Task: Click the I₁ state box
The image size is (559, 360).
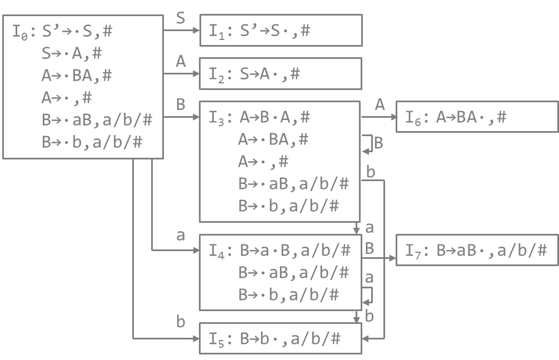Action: coord(281,30)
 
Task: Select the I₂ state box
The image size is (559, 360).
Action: coord(281,73)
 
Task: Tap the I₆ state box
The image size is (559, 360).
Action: coord(477,117)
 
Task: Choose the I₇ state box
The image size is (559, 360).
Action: coord(477,250)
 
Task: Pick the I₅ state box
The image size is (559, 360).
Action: coord(281,338)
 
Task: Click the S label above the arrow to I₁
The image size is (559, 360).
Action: coord(181,18)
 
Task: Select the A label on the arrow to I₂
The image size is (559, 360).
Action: coord(181,62)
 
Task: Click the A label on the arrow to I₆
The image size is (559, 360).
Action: coord(380,105)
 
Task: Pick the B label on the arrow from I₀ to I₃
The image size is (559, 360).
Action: coord(181,105)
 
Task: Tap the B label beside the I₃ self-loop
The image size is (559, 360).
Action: coord(378,143)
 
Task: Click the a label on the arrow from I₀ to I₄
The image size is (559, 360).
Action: coord(181,236)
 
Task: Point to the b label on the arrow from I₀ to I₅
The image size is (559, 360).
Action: coord(181,322)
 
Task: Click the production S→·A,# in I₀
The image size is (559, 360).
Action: coord(72,53)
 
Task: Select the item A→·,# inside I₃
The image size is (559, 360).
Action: coord(263,162)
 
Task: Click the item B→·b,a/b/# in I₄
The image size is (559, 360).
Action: coord(288,294)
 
